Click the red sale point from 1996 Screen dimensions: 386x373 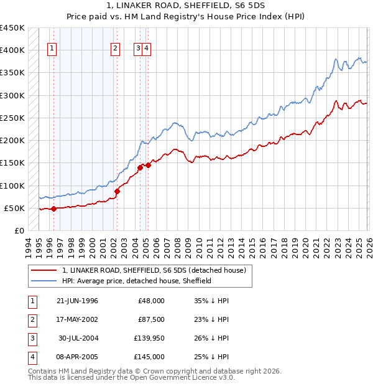coord(53,209)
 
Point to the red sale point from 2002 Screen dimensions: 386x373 coord(117,191)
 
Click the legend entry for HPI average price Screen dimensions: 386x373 coord(137,281)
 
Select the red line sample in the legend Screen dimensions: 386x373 coord(45,271)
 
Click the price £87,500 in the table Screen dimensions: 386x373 coord(151,320)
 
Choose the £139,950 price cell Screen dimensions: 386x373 coord(149,339)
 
